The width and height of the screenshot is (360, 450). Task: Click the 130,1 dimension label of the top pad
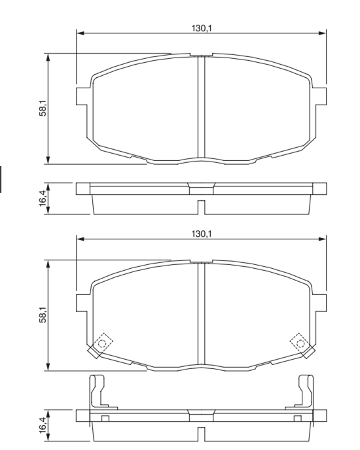pos(202,28)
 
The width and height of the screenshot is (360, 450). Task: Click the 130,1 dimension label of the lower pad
pos(202,234)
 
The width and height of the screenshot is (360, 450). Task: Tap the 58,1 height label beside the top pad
pos(43,109)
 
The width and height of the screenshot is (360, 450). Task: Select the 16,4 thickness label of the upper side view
pos(43,198)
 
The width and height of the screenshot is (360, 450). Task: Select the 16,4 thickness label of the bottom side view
pos(43,425)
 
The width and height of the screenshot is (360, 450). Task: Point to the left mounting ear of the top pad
pos(82,96)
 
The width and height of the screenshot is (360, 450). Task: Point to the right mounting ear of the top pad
pos(321,96)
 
